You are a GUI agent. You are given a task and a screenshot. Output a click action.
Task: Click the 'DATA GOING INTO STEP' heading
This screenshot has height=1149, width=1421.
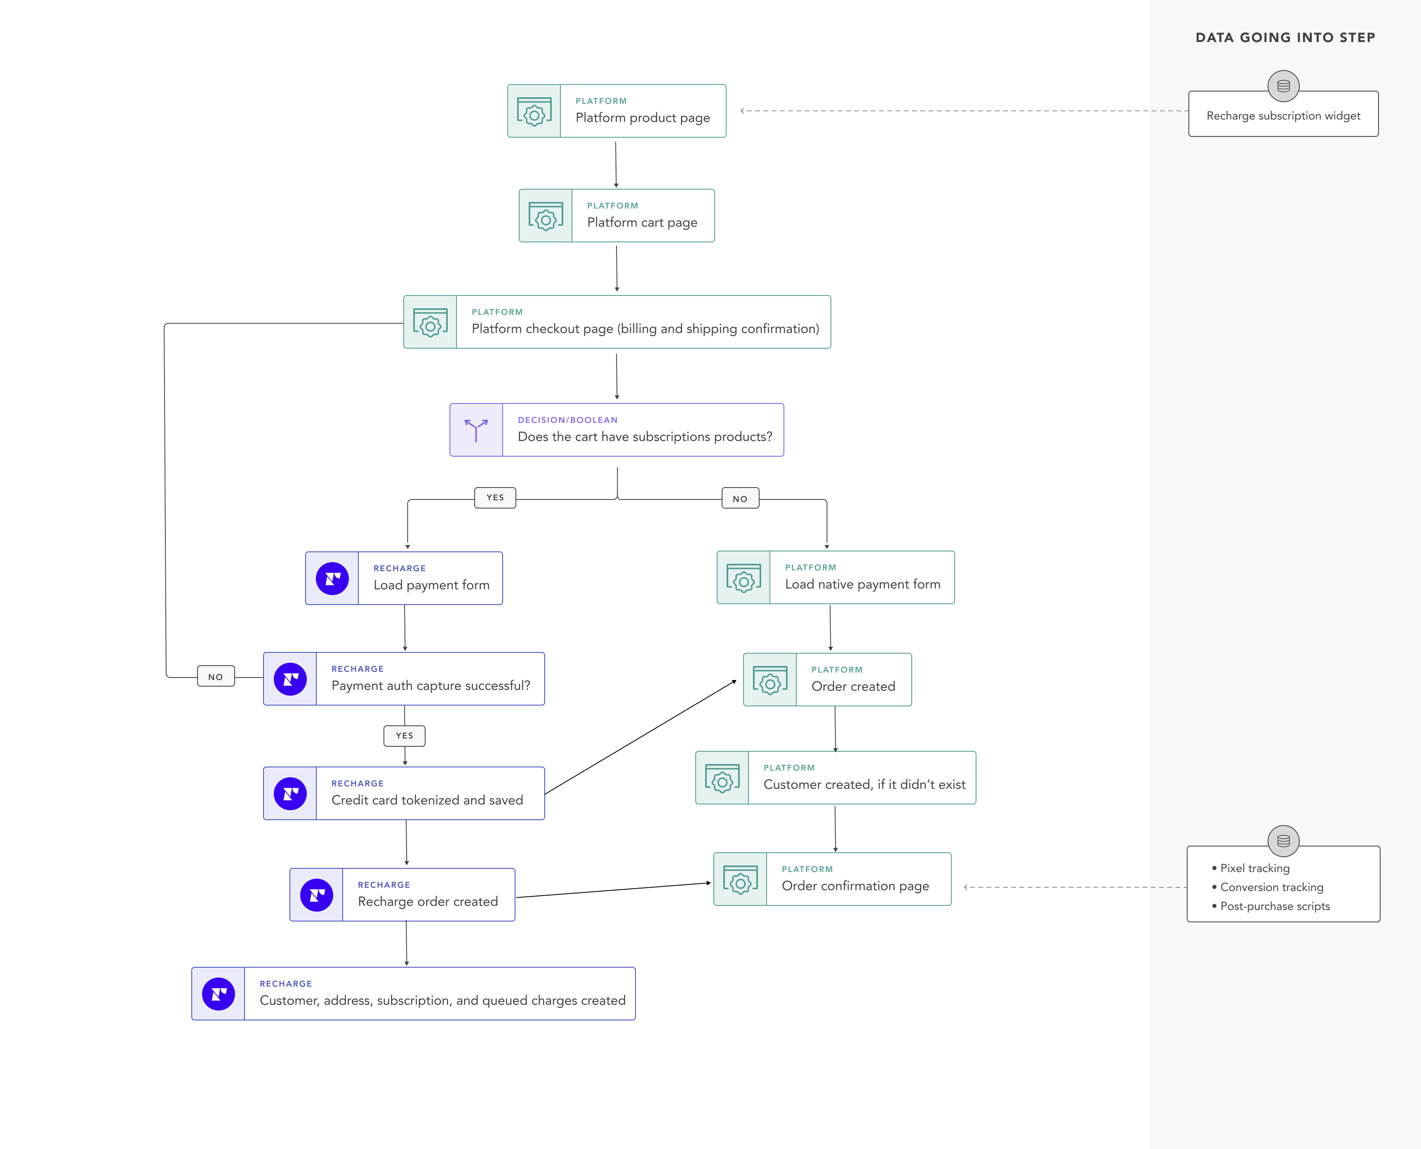tap(1285, 38)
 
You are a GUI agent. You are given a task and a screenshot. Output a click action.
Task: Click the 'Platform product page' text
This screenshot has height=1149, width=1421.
tap(642, 118)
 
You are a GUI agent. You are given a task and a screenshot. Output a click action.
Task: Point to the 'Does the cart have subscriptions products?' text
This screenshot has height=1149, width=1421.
tap(644, 437)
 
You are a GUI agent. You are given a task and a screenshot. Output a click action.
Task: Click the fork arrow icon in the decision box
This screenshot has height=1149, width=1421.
tap(476, 430)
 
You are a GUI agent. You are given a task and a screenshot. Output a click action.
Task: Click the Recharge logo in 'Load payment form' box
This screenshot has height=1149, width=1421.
tap(332, 579)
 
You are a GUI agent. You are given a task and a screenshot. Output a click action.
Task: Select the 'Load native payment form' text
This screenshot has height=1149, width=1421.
tap(862, 584)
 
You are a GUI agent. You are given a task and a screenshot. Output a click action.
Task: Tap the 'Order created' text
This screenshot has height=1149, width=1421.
tap(853, 686)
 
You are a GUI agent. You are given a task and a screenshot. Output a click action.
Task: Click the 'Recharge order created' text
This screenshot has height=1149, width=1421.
tap(427, 901)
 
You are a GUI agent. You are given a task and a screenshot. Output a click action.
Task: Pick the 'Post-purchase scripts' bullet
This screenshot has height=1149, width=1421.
tap(1274, 907)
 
